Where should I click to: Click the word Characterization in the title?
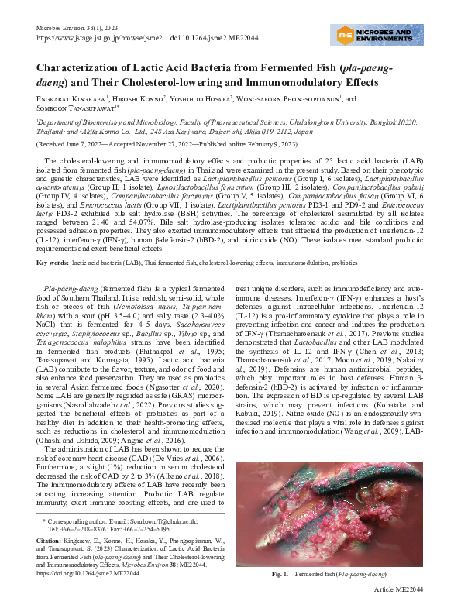86,67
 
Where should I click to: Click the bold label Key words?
52,263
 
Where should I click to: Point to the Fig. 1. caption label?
280,596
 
